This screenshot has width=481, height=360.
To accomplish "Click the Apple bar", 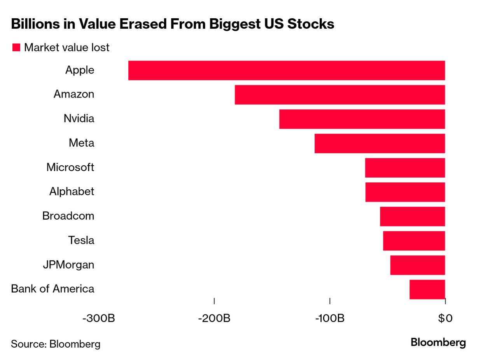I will pos(287,70).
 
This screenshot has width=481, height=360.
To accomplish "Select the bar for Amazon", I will pos(340,95).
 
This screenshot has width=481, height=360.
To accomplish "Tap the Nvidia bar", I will pos(362,119).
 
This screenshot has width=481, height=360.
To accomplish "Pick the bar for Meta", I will pos(380,143).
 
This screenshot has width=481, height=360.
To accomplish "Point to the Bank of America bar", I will pos(427,289).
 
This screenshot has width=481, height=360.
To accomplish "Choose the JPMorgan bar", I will pos(418,265).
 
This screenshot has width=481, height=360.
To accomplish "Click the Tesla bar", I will pos(414,241).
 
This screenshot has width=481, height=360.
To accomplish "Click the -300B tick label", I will pos(99,318).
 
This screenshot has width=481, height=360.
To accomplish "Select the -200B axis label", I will pos(214,318).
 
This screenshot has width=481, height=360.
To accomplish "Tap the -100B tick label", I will pos(329,318).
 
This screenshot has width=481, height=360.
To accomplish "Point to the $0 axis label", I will pos(445,318).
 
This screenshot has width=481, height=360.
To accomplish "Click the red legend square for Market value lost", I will pos(16,48).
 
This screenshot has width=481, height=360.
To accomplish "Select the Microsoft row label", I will pos(70,168).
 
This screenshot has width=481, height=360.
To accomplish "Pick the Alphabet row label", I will pos(72,192).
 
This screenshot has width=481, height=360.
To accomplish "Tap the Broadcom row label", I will pos(68,216).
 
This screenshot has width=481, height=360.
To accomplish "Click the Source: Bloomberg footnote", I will pos(56,344).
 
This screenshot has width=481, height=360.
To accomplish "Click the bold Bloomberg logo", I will pos(438,343).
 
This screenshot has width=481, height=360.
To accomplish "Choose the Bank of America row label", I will pos(52,289).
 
